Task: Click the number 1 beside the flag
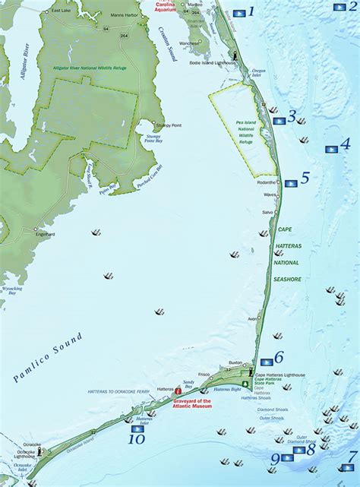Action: coord(251,12)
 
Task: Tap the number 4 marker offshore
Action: coord(345,143)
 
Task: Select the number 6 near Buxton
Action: coord(279,356)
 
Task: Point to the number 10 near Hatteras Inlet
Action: coord(137,438)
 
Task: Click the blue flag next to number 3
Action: coord(279,120)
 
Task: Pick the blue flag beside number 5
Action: coord(290,184)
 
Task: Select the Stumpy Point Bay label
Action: coord(155,138)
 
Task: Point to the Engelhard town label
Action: coord(46,234)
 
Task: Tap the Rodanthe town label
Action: coord(267,183)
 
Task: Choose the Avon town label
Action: coord(254,318)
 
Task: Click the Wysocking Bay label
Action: coord(12,291)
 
